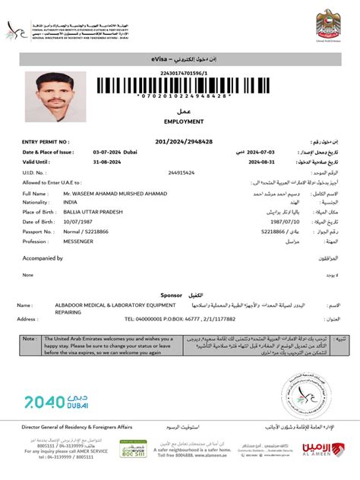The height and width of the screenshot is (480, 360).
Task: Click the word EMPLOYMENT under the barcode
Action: [x=180, y=121]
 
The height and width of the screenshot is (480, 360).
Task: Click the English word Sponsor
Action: [x=171, y=294]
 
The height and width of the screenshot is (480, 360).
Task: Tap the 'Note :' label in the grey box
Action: [x=30, y=338]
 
